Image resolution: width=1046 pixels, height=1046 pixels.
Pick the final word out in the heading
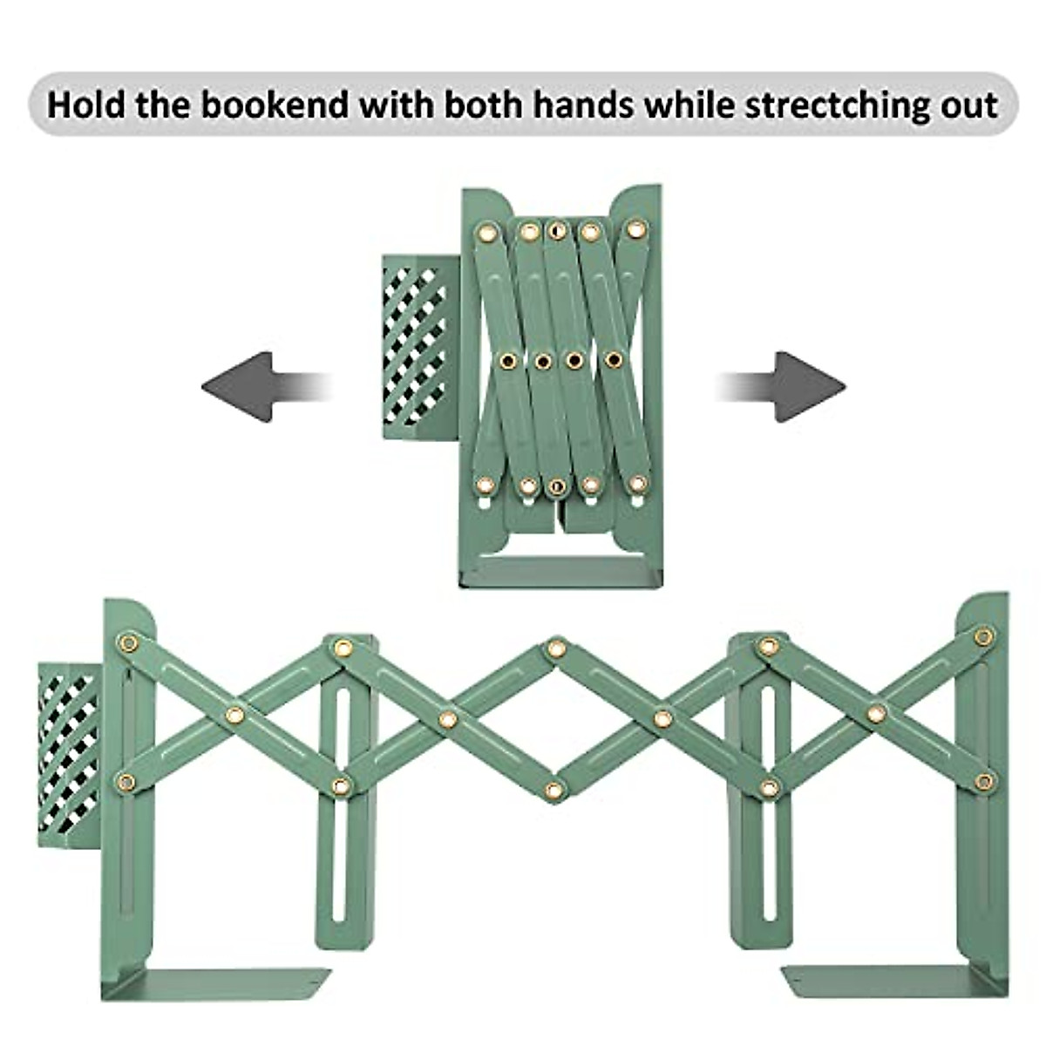click(970, 105)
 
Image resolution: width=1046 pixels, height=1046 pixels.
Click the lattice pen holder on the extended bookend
click(70, 754)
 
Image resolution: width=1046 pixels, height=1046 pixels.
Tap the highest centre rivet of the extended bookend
click(555, 649)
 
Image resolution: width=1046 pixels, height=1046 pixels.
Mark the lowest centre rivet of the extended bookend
click(554, 791)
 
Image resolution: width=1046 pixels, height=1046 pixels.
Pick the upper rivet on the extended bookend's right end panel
click(984, 636)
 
